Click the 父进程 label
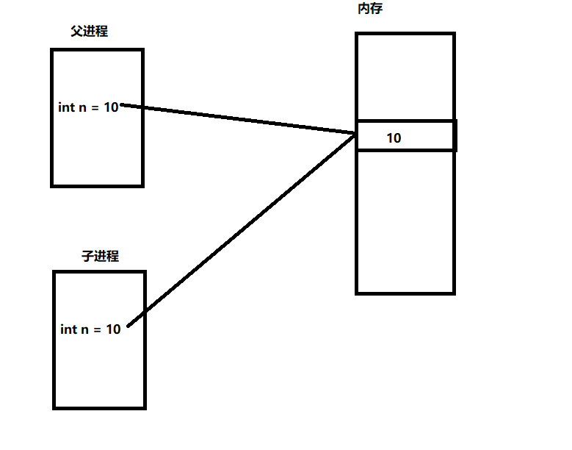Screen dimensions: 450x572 click(x=89, y=31)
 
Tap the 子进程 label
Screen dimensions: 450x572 click(x=100, y=256)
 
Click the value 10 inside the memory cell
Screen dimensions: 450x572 click(x=394, y=137)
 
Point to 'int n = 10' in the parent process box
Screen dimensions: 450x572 click(x=88, y=107)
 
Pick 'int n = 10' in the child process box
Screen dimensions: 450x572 click(x=90, y=329)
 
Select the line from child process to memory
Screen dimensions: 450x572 click(x=242, y=230)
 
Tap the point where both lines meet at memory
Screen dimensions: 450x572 click(x=355, y=134)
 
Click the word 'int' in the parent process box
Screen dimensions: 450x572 click(x=66, y=107)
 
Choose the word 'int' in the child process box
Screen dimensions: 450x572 click(x=68, y=329)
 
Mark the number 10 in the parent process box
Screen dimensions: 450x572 click(x=110, y=107)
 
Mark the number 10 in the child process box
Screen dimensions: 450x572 click(x=113, y=329)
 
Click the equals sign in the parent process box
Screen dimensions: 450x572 click(x=95, y=107)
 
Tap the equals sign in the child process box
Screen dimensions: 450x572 click(x=97, y=330)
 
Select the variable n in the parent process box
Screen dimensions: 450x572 click(x=83, y=107)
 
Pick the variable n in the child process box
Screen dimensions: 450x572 click(x=85, y=330)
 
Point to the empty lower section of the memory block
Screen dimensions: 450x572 click(x=405, y=221)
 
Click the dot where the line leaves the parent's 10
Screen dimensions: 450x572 click(x=122, y=105)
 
